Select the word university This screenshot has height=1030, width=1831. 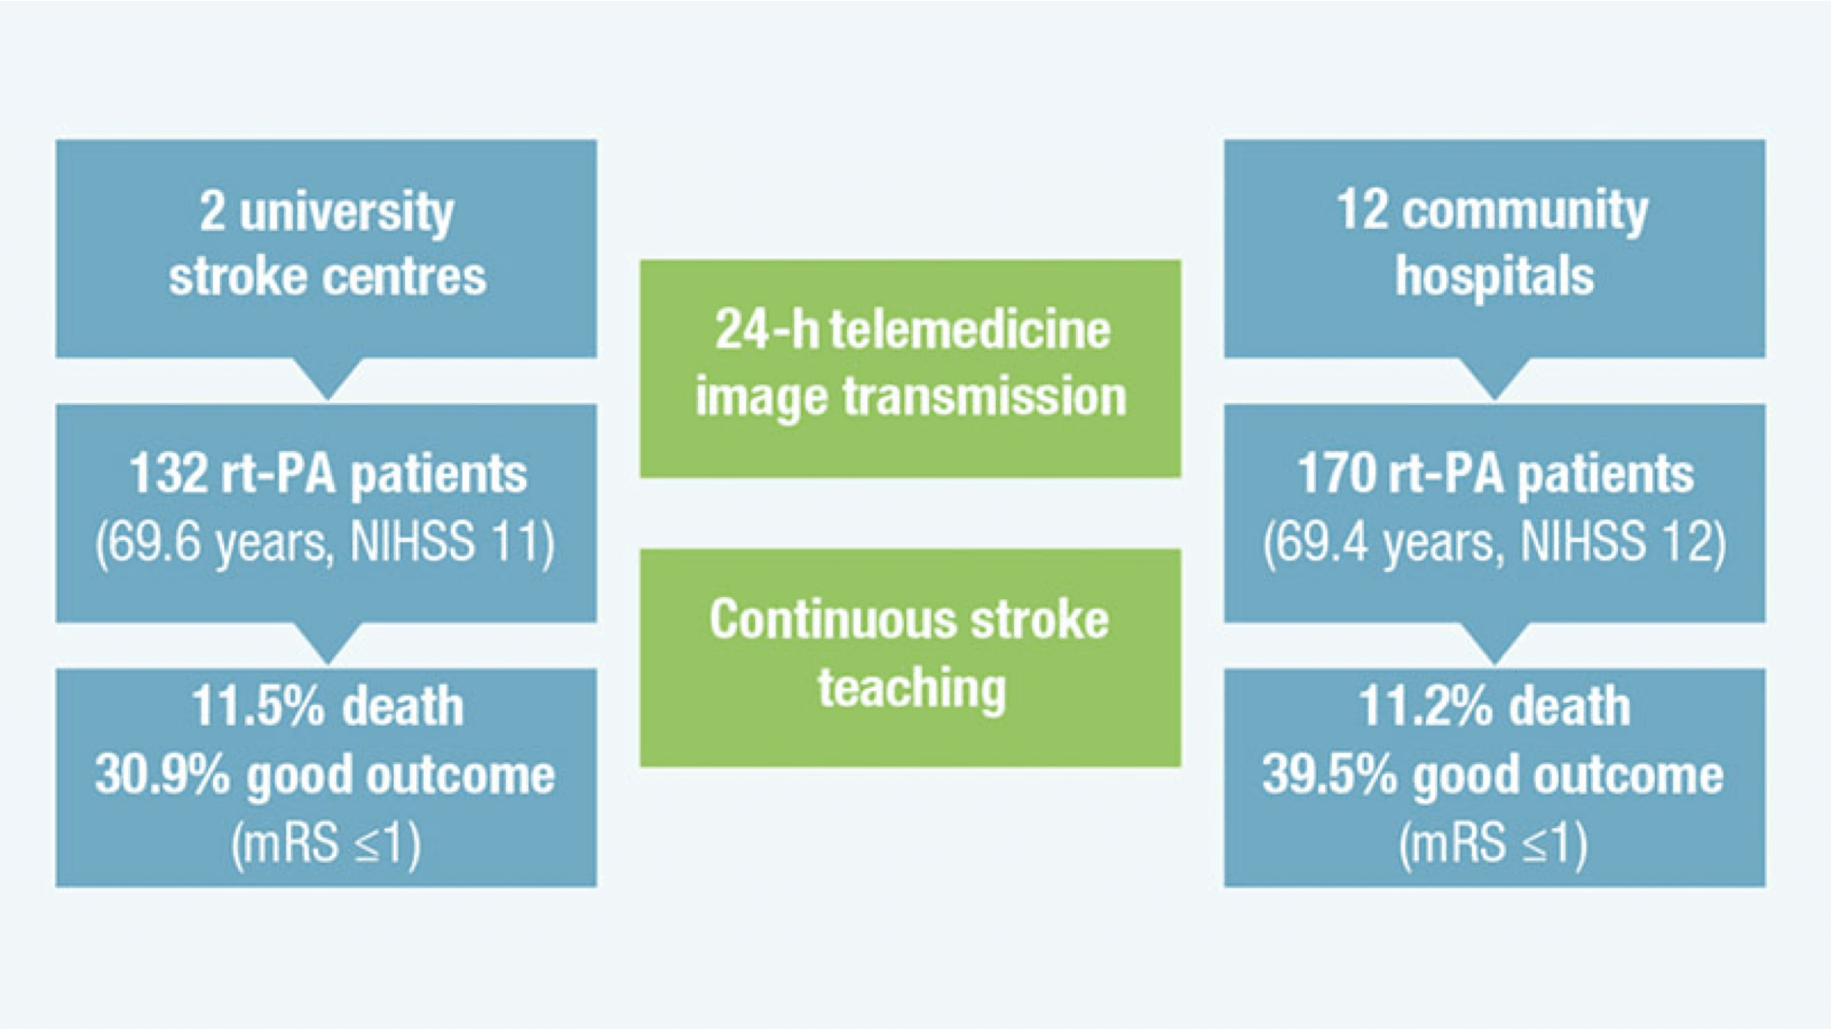click(x=347, y=213)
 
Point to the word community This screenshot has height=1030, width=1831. click(x=1525, y=212)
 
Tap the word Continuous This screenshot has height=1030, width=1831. click(x=833, y=620)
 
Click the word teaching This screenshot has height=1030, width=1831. click(x=912, y=688)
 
